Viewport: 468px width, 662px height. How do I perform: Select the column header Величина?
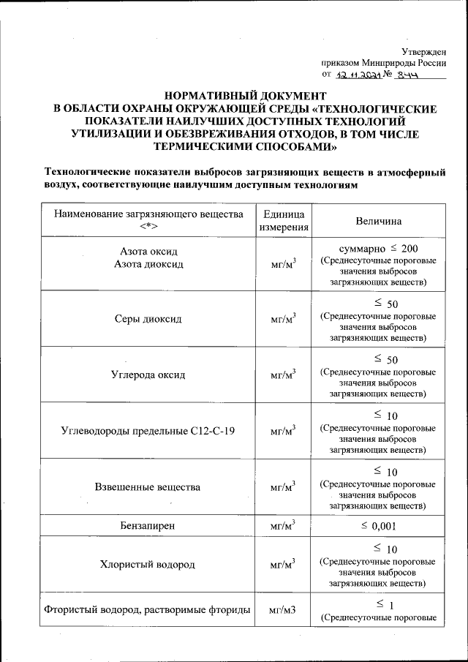click(378, 220)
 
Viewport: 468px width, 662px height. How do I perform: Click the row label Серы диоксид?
click(148, 319)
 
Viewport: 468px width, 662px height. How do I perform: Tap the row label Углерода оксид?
click(148, 375)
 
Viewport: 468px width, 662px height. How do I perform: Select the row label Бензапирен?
click(148, 525)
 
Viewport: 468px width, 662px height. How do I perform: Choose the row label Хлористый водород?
click(148, 564)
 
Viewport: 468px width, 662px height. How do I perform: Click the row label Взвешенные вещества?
click(148, 486)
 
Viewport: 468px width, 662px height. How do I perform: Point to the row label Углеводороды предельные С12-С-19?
click(148, 430)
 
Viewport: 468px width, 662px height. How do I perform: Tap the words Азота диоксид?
click(148, 263)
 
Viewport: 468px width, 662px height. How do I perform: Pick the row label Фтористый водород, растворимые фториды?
click(148, 609)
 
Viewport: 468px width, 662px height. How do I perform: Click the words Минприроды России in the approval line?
click(405, 62)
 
